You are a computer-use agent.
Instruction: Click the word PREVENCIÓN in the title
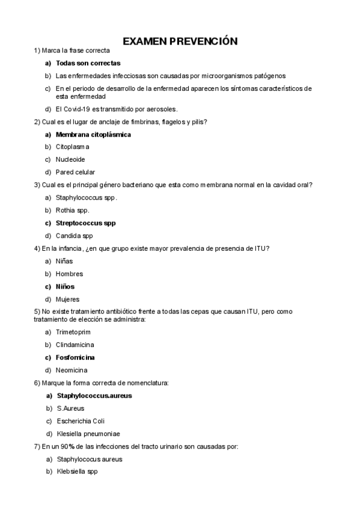click(x=204, y=41)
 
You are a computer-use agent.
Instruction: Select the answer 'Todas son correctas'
click(x=88, y=63)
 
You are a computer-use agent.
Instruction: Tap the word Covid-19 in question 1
click(x=83, y=109)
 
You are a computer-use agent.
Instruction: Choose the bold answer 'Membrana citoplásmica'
click(x=93, y=134)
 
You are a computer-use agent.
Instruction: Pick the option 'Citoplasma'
click(x=72, y=147)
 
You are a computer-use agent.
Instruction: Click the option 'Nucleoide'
click(x=70, y=159)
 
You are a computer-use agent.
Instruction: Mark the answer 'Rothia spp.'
click(x=72, y=210)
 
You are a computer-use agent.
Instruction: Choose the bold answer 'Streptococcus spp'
click(x=85, y=223)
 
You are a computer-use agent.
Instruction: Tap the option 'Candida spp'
click(x=74, y=236)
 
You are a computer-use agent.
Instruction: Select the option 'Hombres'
click(x=69, y=274)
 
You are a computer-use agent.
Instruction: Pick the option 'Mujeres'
click(x=67, y=299)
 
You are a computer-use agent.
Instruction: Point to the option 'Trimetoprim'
click(x=73, y=332)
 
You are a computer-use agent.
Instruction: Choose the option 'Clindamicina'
click(x=75, y=345)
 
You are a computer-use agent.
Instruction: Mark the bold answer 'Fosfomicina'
click(x=75, y=357)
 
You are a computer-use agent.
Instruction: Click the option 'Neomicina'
click(x=72, y=370)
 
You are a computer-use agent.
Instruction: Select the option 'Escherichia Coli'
click(x=81, y=421)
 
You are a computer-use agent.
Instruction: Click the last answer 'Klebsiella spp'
click(x=76, y=472)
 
